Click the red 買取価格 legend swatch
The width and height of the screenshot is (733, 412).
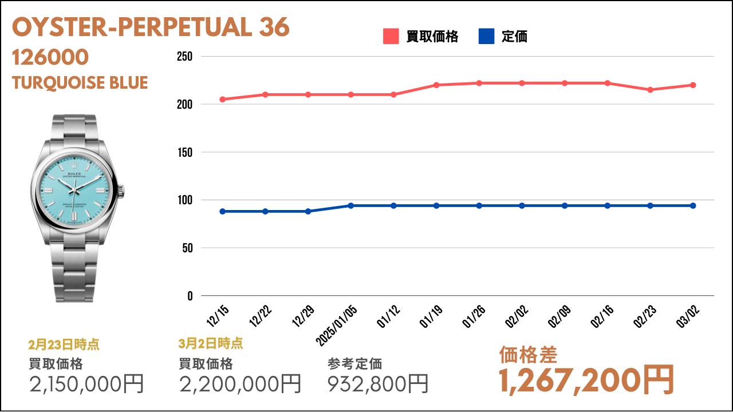click(391, 37)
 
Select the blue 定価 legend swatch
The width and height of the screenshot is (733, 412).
click(486, 37)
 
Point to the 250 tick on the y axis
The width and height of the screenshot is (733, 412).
click(184, 57)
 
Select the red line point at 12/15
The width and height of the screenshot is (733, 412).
click(222, 100)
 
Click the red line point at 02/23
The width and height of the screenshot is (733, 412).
click(650, 90)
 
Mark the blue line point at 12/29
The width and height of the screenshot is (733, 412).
click(308, 211)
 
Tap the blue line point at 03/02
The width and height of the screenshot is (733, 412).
click(693, 205)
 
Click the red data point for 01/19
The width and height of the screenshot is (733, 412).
click(436, 85)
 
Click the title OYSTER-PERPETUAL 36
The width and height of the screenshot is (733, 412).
click(151, 27)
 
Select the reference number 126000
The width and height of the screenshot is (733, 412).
click(50, 57)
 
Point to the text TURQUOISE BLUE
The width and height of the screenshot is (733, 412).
click(80, 83)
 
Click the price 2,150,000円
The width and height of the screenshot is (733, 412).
click(86, 383)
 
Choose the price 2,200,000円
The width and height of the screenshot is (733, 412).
click(241, 383)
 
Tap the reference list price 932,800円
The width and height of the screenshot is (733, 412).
click(378, 383)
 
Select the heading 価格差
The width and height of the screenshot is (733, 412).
click(528, 355)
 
